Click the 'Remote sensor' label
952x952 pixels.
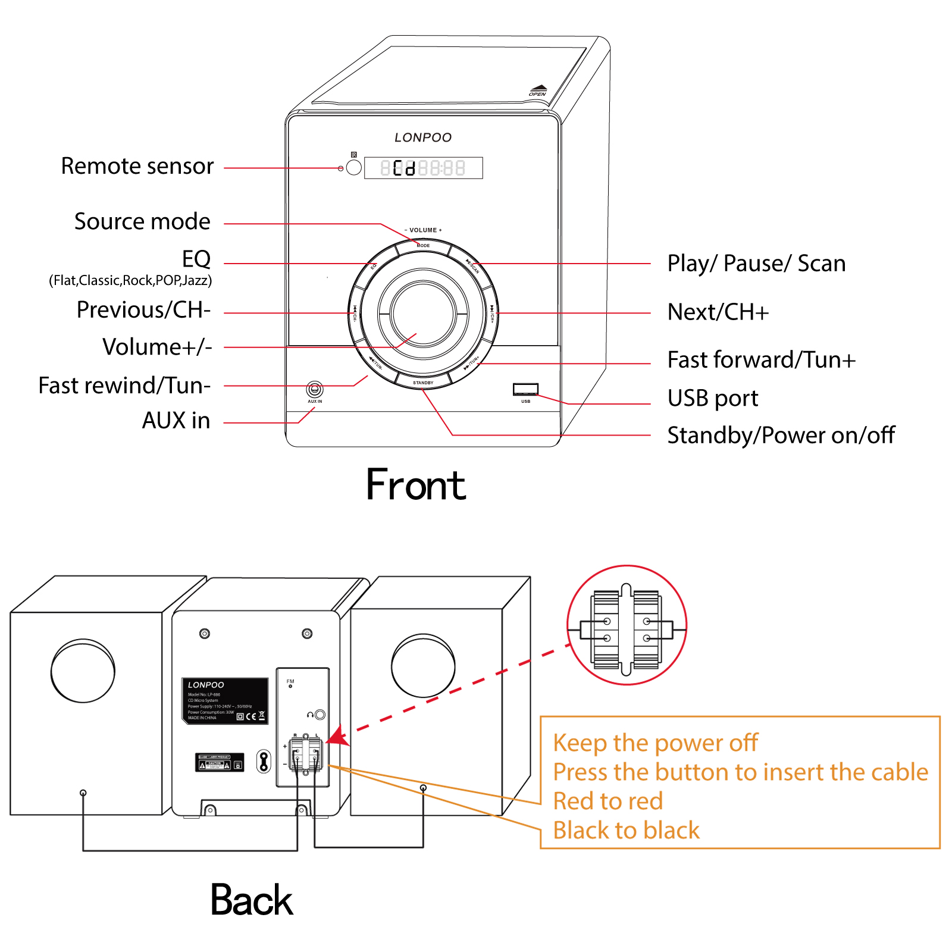(x=137, y=166)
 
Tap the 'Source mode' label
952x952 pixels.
(x=142, y=221)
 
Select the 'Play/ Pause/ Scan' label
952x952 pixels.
(x=756, y=264)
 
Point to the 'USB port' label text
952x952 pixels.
(x=712, y=398)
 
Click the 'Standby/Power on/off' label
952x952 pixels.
(x=781, y=436)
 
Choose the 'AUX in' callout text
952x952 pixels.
(x=176, y=421)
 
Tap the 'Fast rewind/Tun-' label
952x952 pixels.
(x=124, y=386)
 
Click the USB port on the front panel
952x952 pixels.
(x=525, y=389)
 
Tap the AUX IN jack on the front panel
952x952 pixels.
(x=315, y=390)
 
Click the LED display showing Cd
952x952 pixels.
(x=423, y=168)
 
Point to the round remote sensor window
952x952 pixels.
(x=353, y=168)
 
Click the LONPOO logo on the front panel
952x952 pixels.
(x=423, y=137)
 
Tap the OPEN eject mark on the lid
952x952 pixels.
(x=538, y=90)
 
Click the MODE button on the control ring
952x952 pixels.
(x=423, y=246)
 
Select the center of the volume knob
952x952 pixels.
(x=423, y=313)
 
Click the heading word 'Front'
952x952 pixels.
(x=415, y=485)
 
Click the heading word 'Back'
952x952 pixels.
(x=251, y=900)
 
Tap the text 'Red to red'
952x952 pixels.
(x=607, y=801)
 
